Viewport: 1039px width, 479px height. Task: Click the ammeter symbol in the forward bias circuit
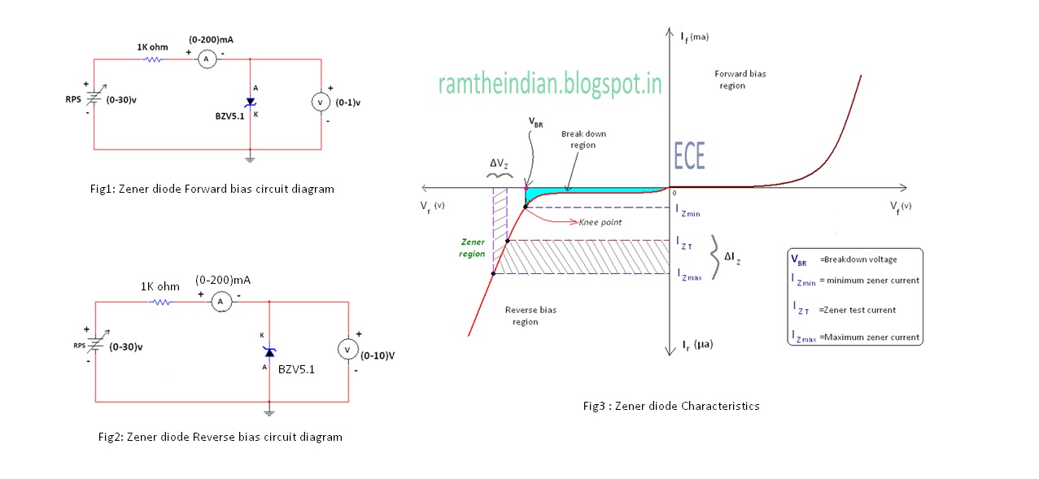click(x=207, y=59)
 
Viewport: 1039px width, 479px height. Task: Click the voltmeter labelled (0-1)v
click(x=321, y=102)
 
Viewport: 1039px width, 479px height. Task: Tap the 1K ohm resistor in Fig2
click(x=161, y=302)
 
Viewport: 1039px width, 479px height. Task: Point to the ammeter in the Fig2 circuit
click(x=218, y=302)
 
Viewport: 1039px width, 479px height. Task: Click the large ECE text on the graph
click(x=690, y=155)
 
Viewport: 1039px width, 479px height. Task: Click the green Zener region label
click(x=473, y=248)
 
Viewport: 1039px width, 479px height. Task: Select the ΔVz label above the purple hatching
click(x=499, y=165)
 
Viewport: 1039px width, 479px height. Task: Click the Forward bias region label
click(x=740, y=80)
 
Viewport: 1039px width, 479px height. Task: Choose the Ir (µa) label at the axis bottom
click(x=692, y=346)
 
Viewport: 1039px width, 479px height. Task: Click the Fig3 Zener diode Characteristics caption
click(x=670, y=406)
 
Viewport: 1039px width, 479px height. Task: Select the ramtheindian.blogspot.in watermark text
click(x=549, y=84)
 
